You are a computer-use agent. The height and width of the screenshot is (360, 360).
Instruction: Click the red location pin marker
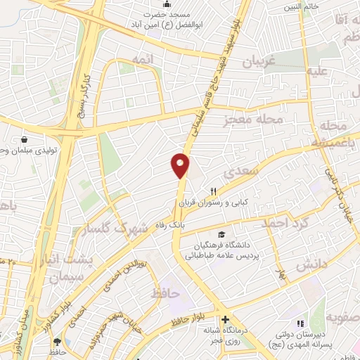181,165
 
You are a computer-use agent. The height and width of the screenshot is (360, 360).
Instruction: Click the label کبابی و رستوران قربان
214,202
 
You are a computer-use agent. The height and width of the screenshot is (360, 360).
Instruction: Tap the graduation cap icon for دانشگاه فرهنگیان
222,234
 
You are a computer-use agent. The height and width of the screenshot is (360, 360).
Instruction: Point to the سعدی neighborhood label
241,172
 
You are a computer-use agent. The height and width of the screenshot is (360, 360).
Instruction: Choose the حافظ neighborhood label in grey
166,291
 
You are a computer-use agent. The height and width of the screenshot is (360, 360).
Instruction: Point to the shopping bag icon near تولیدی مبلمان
25,139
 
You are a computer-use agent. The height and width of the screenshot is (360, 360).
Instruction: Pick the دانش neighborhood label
307,265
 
